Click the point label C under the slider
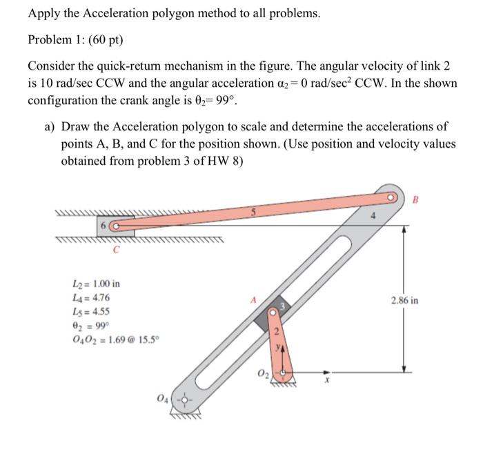[116, 250]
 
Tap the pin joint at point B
[391, 195]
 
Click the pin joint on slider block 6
[115, 226]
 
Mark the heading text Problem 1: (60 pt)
[75, 39]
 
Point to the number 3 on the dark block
[281, 304]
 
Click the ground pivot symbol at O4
[181, 399]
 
